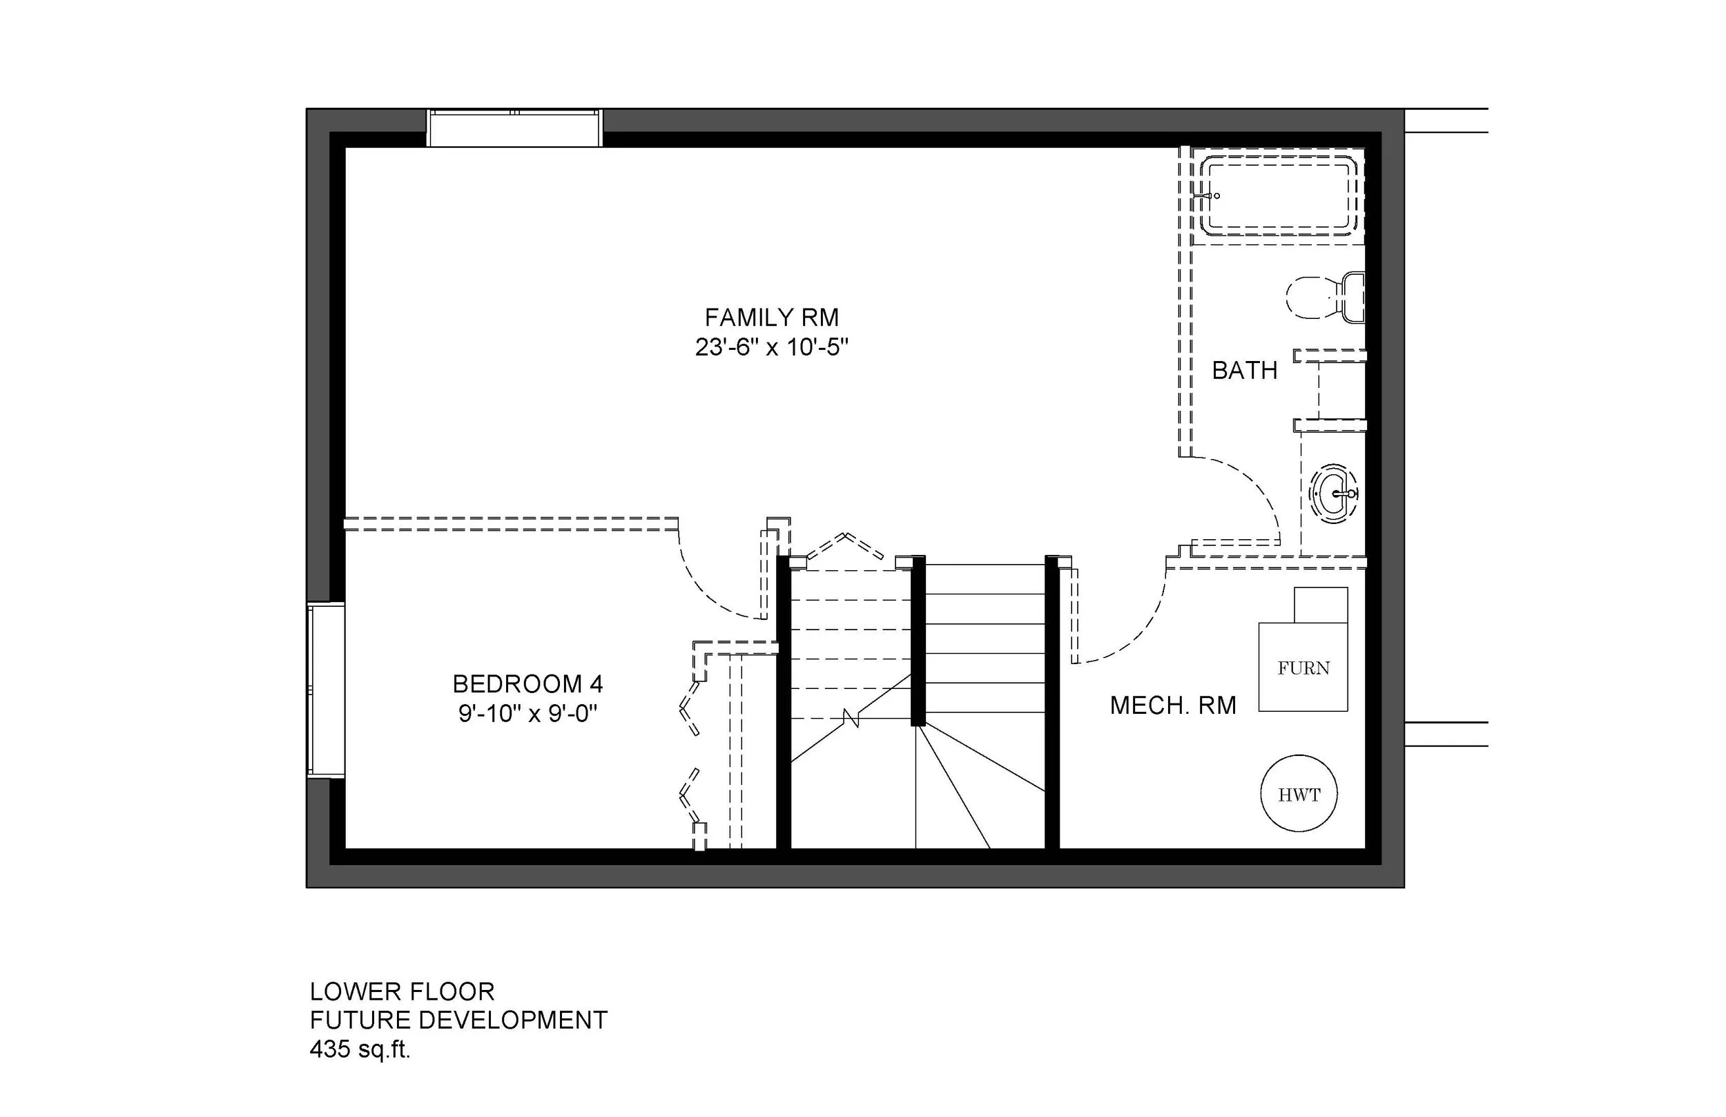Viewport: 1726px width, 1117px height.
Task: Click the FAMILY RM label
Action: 772,318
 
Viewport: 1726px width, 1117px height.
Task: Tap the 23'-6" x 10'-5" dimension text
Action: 772,348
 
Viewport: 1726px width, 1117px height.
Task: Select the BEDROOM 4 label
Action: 527,684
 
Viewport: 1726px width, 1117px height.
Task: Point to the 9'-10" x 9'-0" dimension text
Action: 527,715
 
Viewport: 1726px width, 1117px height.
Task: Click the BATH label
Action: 1245,371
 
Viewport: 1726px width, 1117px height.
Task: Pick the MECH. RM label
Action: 1173,705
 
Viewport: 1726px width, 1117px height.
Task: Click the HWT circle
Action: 1299,795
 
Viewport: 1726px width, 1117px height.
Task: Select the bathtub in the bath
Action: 1279,195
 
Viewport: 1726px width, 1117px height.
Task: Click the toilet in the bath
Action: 1325,298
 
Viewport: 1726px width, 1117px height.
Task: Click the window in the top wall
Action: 514,128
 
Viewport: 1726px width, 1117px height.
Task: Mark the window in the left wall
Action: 326,690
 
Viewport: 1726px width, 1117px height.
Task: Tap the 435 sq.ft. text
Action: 360,1049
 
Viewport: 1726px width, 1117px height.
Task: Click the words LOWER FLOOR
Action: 402,991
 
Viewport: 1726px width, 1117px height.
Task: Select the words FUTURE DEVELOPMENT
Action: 458,1020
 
